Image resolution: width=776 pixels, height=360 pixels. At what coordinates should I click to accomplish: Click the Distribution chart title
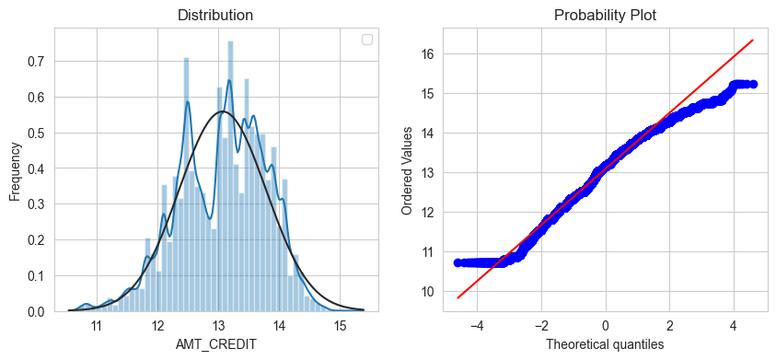point(215,16)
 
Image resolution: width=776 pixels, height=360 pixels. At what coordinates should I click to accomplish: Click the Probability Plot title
point(605,16)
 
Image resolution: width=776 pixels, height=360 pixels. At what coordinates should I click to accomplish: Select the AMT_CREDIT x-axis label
point(216,345)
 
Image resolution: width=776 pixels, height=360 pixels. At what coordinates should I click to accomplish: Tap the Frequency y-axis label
point(16,172)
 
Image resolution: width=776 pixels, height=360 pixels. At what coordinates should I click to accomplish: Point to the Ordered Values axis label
point(407,169)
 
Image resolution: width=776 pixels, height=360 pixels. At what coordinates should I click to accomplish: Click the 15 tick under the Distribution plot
point(340,326)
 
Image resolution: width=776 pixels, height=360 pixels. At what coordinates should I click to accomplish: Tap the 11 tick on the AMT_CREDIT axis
point(97,326)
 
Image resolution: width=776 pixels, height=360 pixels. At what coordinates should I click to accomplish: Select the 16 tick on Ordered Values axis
point(427,54)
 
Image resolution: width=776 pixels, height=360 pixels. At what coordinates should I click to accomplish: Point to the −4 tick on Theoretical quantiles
point(477,326)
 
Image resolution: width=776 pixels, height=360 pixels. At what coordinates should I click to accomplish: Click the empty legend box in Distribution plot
point(367,40)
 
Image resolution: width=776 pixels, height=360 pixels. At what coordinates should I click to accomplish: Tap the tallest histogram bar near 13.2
point(230,176)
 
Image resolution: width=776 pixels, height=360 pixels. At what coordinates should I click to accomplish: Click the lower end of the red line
point(457,298)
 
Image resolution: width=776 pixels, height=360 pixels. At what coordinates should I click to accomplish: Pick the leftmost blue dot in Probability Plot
point(457,263)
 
